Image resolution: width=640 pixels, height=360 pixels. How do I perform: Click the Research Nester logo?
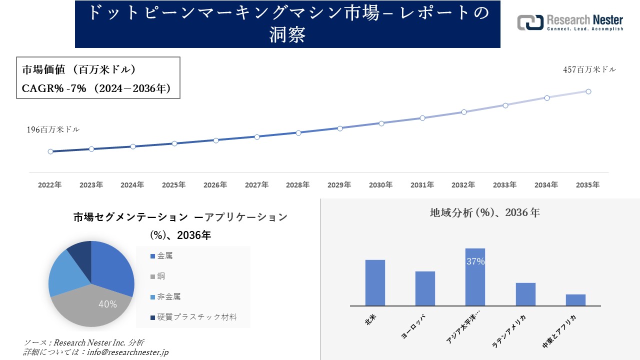(570, 22)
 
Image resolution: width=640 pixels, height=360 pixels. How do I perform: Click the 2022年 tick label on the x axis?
(50, 185)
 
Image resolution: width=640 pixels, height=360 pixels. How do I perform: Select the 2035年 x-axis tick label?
(587, 185)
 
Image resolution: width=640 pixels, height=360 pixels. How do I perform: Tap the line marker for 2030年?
(381, 123)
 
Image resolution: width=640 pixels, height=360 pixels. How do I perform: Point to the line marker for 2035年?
(588, 91)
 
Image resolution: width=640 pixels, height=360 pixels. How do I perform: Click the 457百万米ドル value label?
(589, 70)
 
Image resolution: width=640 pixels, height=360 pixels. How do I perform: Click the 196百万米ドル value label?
(53, 129)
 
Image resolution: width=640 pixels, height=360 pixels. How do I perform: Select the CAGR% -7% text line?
(96, 88)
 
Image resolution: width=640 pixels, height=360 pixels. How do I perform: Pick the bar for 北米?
(375, 282)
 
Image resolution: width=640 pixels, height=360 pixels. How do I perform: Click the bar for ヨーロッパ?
(425, 288)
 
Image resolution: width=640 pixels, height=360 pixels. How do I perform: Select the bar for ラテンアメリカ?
(525, 294)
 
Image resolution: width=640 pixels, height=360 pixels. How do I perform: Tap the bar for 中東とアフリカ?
(575, 300)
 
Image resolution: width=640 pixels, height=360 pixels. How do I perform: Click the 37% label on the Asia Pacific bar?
(475, 261)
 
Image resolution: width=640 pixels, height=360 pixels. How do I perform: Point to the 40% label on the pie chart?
(107, 304)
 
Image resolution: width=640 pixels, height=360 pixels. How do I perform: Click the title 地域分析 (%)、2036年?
(484, 212)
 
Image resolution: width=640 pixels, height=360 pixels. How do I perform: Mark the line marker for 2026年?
(216, 140)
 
